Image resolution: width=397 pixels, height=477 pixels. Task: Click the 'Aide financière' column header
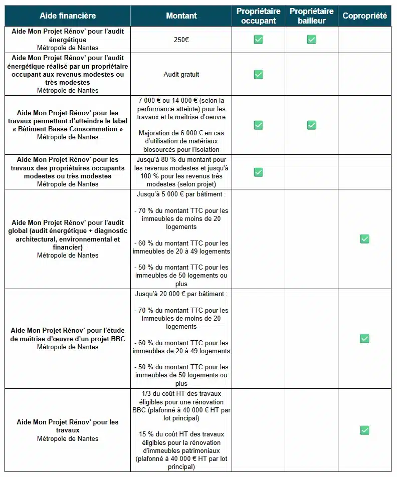(x=68, y=16)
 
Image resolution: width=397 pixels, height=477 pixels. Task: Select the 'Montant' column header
(x=181, y=16)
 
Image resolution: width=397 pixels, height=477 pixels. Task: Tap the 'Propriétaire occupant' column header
(x=258, y=16)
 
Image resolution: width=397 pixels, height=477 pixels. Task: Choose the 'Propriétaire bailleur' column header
(x=311, y=16)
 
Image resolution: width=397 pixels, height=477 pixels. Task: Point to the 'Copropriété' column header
(x=364, y=16)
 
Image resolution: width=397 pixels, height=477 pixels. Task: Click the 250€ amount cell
(x=181, y=40)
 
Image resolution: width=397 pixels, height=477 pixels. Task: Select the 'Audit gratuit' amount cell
(x=181, y=75)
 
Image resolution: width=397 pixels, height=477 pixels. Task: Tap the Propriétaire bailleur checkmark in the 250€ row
(x=311, y=40)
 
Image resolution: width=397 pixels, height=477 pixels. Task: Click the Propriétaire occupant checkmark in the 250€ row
(x=258, y=40)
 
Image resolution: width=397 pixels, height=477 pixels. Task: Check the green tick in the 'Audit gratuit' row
(x=258, y=75)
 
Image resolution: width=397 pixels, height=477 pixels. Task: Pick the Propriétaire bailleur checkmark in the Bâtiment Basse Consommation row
(x=311, y=125)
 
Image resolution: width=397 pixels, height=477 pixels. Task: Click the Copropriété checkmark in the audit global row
(x=364, y=239)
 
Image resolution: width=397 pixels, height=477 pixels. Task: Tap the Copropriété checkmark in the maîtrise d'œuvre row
(x=364, y=339)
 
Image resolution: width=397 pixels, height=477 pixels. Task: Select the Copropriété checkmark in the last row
(x=364, y=430)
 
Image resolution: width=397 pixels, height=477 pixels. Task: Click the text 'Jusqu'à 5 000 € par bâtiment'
(x=181, y=194)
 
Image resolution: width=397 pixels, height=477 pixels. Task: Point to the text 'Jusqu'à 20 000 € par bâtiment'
(x=181, y=294)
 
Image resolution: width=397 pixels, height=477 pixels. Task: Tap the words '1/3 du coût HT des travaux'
(x=181, y=394)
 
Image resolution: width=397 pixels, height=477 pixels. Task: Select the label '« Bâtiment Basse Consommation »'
(x=68, y=129)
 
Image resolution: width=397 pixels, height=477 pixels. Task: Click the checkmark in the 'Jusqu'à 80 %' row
(x=258, y=172)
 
